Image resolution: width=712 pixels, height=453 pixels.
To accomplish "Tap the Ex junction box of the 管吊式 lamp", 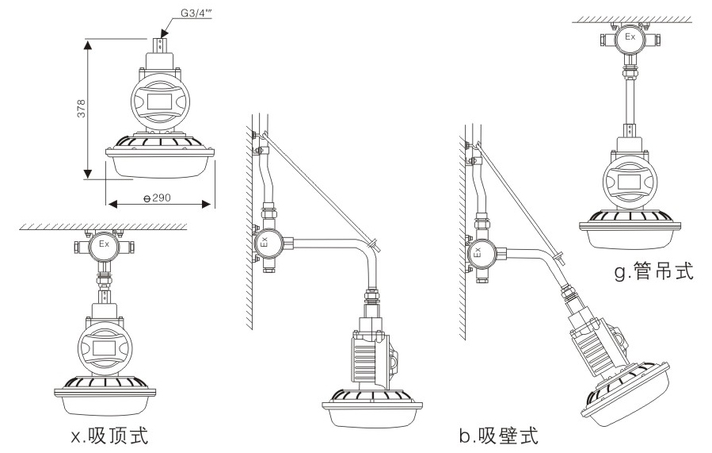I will [x=630, y=38].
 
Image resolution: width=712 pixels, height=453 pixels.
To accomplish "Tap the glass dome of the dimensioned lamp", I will [x=162, y=164].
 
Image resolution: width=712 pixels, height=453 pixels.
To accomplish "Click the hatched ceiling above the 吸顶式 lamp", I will [x=103, y=227].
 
